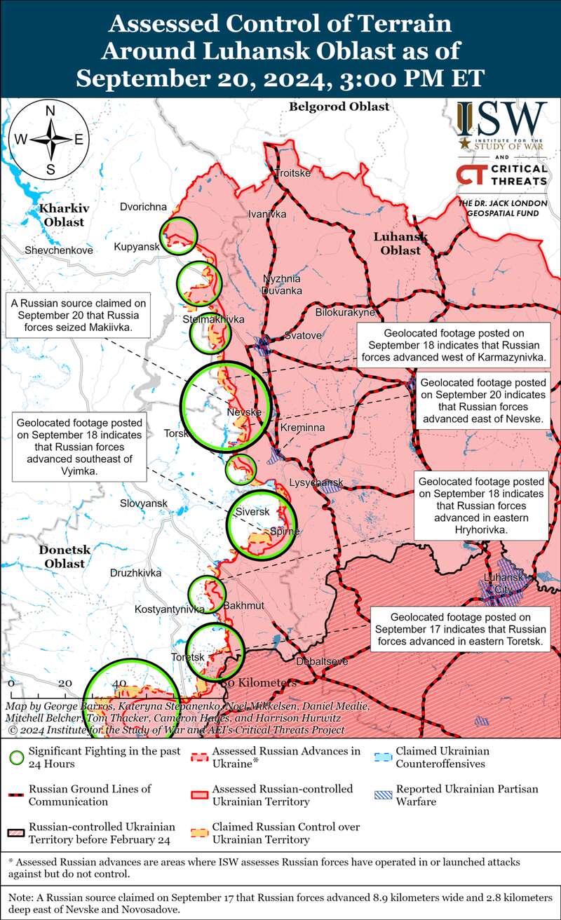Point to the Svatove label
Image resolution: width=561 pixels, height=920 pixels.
[303, 335]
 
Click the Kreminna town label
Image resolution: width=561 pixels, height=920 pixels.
[302, 427]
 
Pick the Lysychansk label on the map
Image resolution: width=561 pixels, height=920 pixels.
[316, 482]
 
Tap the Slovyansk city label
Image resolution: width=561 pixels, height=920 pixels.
[144, 503]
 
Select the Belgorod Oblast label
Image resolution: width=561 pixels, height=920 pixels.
[339, 107]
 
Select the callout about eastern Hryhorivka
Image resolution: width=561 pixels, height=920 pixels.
[482, 505]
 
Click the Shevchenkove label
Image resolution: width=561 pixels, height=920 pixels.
[58, 250]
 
